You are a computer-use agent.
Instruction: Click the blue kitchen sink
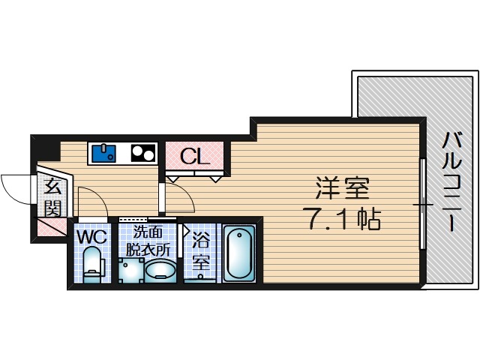click(103, 153)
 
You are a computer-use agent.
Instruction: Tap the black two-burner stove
click(143, 153)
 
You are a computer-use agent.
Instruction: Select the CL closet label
click(193, 157)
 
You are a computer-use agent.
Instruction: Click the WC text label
click(92, 237)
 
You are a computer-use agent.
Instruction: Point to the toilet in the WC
click(92, 267)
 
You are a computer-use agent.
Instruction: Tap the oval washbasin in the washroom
click(160, 270)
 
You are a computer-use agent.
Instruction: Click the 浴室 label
click(201, 253)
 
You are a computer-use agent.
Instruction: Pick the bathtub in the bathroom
click(239, 253)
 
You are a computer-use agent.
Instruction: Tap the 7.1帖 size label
click(342, 218)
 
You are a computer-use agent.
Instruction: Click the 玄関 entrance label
click(52, 196)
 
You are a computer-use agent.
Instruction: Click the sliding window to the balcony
click(422, 204)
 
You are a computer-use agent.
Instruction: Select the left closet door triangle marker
click(172, 179)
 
